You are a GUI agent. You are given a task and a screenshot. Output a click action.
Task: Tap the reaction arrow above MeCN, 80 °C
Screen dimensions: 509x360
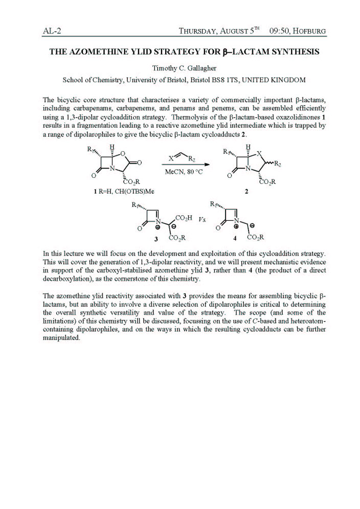(183, 165)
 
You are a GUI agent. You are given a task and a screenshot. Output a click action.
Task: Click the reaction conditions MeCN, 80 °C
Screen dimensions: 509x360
(184, 172)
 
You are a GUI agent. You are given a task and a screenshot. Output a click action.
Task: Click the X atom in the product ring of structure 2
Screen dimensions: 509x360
(260, 153)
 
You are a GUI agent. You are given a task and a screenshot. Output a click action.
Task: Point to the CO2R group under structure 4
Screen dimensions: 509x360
(255, 238)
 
